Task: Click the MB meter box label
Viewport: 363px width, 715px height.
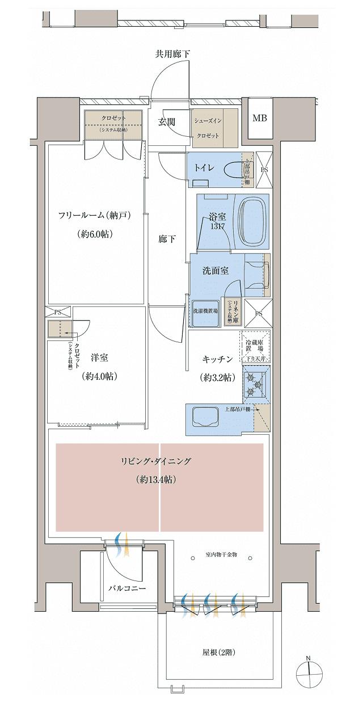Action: coord(260,118)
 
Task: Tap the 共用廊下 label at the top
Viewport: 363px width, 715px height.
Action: coord(173,54)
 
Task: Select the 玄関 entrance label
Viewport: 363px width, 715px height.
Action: coord(167,121)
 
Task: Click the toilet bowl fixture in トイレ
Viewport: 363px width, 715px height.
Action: coord(233,170)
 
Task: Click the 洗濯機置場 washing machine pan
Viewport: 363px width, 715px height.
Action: coord(205,311)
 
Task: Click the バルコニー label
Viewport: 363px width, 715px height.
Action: coord(127,588)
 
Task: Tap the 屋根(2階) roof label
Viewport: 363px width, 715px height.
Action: coord(218,653)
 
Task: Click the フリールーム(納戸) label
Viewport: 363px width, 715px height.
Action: coord(95,216)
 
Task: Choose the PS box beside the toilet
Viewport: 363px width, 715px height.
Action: coord(264,169)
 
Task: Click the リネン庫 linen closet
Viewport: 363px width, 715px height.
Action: coord(232,311)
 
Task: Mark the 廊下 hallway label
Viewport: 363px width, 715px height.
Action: coord(167,239)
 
